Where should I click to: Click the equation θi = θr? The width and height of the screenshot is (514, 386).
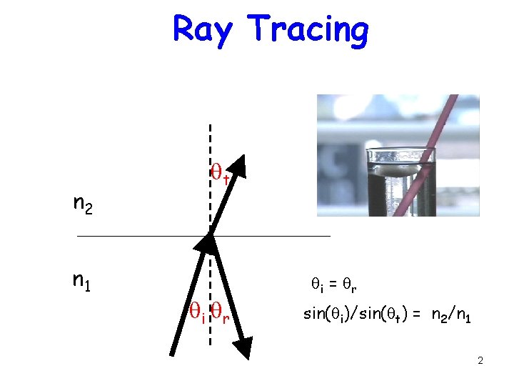click(334, 285)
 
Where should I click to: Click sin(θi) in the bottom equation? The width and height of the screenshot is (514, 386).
click(325, 314)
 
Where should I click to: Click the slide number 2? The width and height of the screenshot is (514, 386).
click(480, 360)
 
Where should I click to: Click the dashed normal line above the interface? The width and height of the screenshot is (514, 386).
click(209, 143)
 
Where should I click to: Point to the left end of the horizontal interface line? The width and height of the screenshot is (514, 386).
click(79, 235)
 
